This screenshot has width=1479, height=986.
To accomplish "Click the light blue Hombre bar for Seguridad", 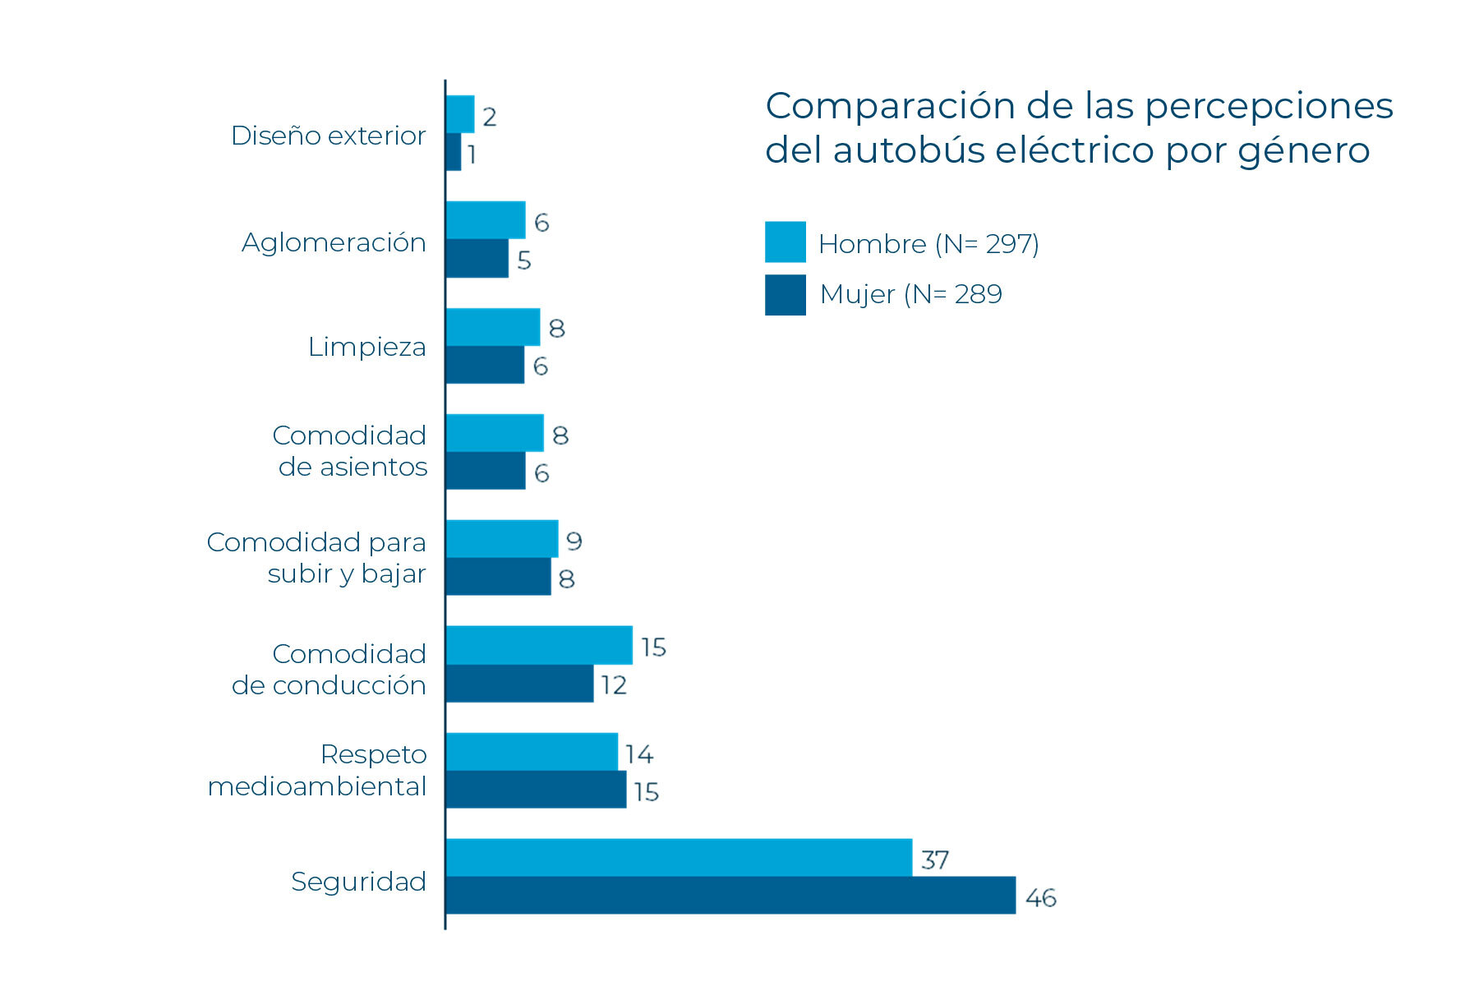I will pos(679,857).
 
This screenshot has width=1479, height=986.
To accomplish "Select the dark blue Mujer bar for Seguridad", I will pos(730,895).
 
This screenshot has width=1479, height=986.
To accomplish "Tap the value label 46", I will pos(1040,897).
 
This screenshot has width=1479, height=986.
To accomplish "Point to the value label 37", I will pos(935,859).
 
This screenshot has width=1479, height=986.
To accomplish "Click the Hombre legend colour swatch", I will pos(785,242).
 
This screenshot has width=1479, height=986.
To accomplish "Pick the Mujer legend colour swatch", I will pos(785,294).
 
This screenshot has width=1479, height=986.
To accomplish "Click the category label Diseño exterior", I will pos(328,136).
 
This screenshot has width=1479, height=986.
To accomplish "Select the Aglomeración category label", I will pos(334,242).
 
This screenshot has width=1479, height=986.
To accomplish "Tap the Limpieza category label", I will pos(366,347).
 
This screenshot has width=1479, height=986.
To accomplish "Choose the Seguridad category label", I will pos(358,881).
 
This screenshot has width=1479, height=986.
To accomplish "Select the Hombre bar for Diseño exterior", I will pos(460,114).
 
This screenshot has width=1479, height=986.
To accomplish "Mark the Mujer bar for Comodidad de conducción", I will pos(519,684).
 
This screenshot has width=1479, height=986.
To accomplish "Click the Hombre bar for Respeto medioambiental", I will pos(532,751).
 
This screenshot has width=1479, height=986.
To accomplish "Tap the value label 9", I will pos(574,541).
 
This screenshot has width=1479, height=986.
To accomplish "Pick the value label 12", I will pos(614,684).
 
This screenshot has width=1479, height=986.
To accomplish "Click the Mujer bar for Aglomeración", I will pos(477,258).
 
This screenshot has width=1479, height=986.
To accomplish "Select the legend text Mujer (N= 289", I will pos(910,294).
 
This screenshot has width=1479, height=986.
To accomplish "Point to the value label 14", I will pos(638,753).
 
